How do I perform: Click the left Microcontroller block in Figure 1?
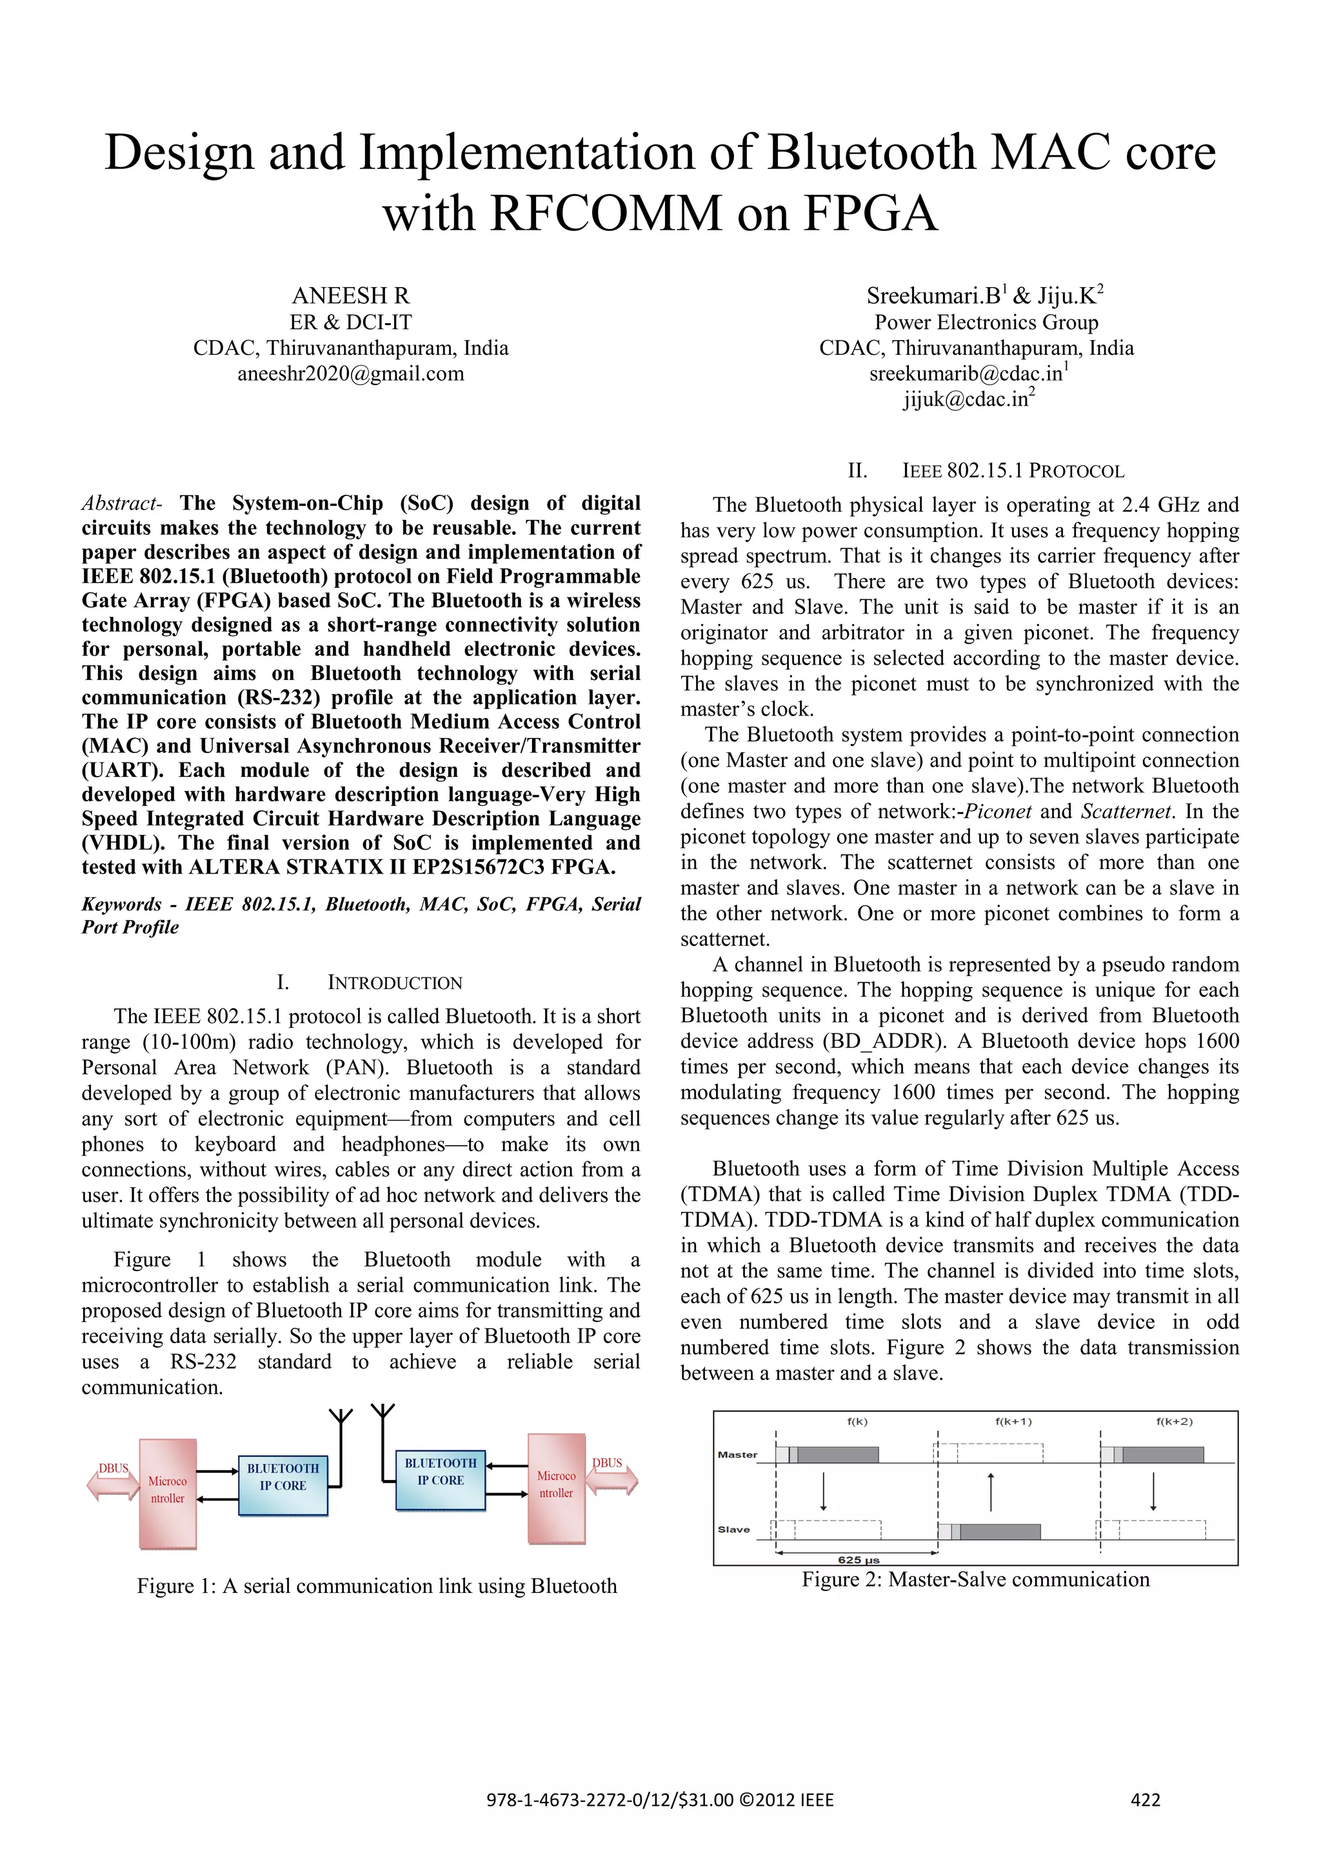point(168,1493)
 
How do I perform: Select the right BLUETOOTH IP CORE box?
point(441,1479)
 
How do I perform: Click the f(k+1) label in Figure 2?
point(1013,1421)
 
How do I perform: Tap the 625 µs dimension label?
point(859,1560)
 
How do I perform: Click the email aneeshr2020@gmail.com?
point(351,374)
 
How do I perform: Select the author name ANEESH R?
point(351,295)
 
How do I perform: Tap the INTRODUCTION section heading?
point(394,983)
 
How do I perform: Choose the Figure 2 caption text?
point(975,1579)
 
